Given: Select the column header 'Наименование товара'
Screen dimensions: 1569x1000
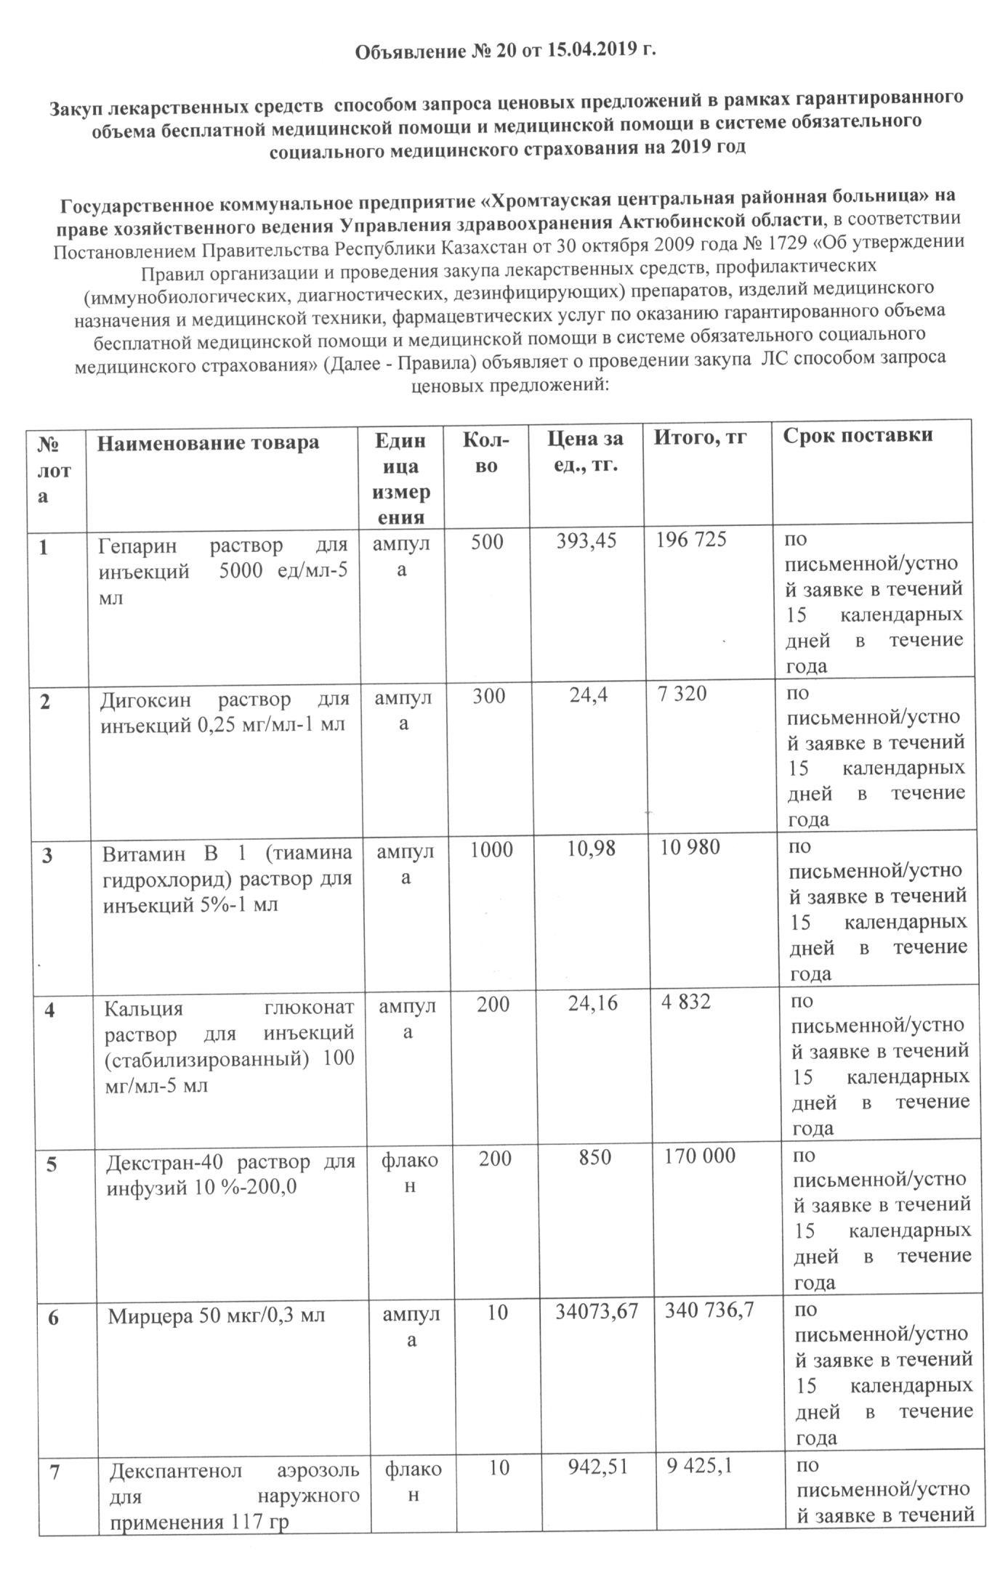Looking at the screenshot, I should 209,442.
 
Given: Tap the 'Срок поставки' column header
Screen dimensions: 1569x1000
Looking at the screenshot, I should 858,435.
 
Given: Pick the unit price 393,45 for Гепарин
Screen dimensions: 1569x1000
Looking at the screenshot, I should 586,540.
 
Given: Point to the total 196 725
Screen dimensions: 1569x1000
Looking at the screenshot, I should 691,540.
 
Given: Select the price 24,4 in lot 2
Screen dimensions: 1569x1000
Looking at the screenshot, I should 589,694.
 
